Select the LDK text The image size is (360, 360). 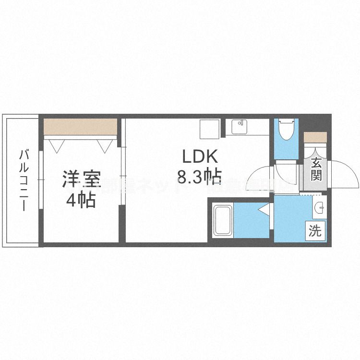coord(199,158)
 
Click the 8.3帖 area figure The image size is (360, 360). coord(199,178)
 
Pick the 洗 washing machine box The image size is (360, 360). coord(315,230)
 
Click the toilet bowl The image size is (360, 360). coord(286,130)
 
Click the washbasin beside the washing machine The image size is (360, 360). coord(318,207)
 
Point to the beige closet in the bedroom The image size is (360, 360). coord(80,128)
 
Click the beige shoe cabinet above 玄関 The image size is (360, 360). coord(315,136)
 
